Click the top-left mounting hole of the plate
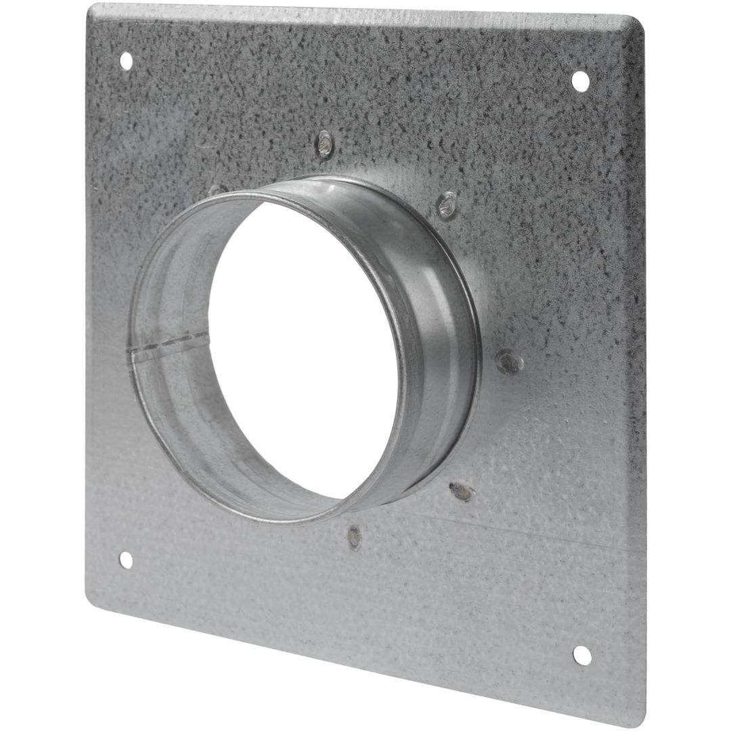point(126,61)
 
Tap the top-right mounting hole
point(580,81)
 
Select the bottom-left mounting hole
point(126,560)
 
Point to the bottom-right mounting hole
point(582,655)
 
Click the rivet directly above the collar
point(326,143)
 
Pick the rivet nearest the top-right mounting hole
point(447,204)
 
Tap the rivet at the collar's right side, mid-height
point(510,361)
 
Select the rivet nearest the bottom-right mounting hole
point(461,491)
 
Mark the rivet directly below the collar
point(354,537)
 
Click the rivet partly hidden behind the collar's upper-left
point(215,191)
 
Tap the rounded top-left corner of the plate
point(95,9)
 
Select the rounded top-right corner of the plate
point(636,24)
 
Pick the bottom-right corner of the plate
point(633,722)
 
